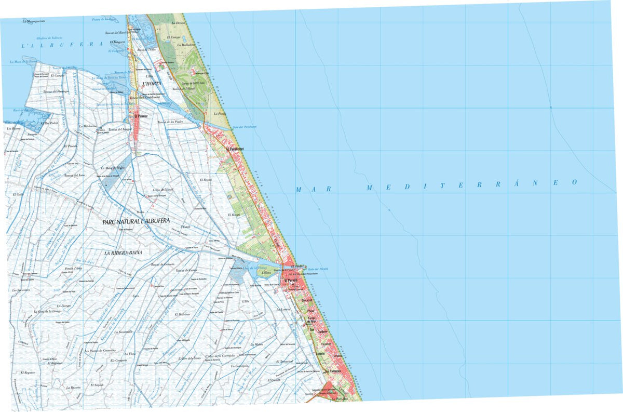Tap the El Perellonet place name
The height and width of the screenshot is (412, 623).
coord(235,150)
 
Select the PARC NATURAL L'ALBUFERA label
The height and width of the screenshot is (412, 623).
coord(137,222)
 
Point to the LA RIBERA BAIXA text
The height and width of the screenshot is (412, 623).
coord(123,253)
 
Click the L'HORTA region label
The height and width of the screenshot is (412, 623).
coord(151,84)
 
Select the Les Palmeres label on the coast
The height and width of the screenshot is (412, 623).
coord(332,371)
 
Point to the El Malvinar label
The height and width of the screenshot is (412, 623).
coord(183,314)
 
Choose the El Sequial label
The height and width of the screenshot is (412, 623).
coord(98,385)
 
